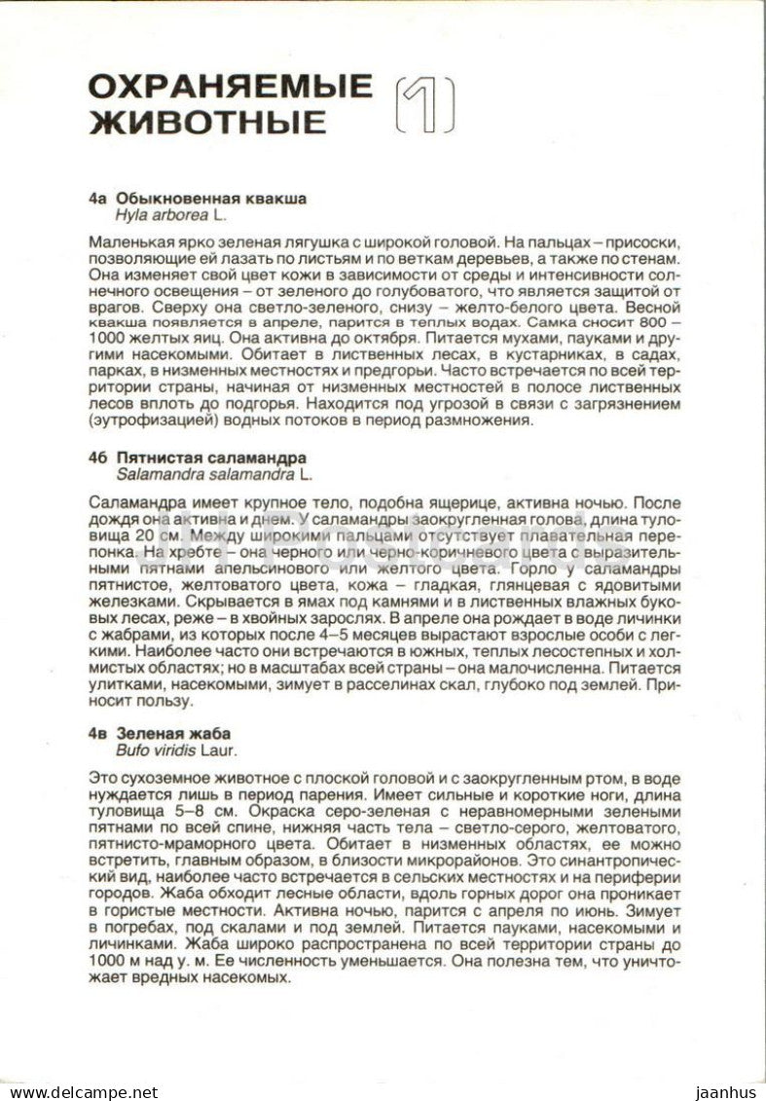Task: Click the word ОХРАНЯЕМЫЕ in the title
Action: (230, 87)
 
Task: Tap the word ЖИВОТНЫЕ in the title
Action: (207, 122)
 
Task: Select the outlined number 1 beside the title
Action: (423, 104)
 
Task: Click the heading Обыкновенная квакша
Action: (211, 199)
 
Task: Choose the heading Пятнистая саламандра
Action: (211, 458)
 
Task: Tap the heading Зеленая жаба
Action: (173, 733)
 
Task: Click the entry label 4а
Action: (96, 199)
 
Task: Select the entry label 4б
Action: (97, 458)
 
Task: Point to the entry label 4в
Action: (97, 733)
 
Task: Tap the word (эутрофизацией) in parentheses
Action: (139, 421)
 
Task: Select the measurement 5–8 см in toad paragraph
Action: (186, 811)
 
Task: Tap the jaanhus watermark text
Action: (725, 1091)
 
